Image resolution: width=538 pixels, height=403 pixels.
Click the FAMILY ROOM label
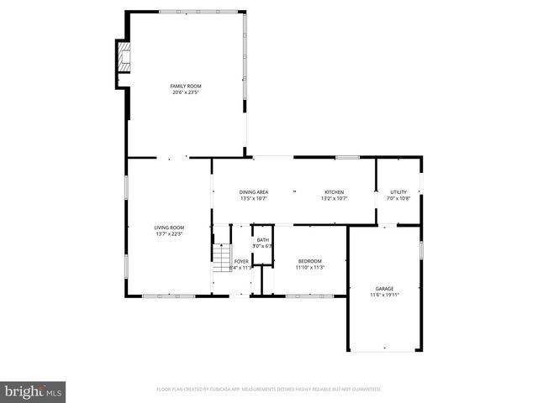186,86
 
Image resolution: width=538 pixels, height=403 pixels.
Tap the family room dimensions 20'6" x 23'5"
186,92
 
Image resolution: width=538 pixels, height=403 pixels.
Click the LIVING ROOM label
169,228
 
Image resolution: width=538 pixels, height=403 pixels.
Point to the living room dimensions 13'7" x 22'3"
169,234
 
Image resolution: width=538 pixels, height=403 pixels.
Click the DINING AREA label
253,192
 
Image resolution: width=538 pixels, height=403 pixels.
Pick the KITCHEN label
334,192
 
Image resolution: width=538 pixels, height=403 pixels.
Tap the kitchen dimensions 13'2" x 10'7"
334,199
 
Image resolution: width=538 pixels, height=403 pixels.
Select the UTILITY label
398,192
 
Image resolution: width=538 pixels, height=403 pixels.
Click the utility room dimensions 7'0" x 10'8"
398,199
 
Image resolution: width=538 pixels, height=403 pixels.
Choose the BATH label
263,240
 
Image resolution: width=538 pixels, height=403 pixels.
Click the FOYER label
241,261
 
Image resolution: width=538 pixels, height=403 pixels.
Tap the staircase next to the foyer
221,259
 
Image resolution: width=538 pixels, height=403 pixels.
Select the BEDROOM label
310,261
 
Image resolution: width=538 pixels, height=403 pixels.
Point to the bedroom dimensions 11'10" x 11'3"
310,268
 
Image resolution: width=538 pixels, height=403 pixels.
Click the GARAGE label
384,288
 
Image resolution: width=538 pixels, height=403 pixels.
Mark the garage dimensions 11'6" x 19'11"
384,295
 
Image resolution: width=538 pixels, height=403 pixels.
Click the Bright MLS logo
34,390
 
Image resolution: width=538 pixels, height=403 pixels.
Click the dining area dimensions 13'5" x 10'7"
253,199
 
